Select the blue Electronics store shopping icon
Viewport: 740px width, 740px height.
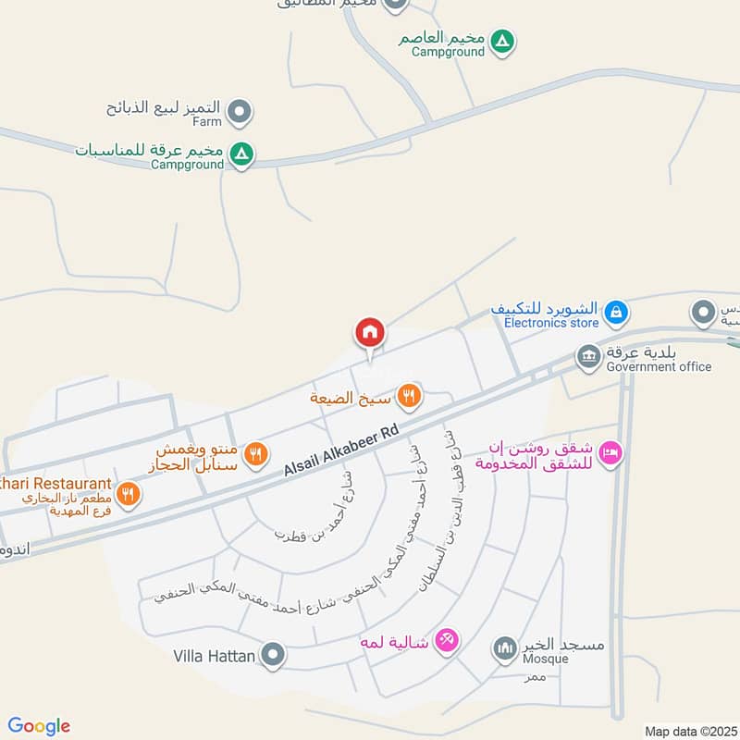(x=615, y=314)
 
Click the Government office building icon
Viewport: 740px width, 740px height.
(x=587, y=355)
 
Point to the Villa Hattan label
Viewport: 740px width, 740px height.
(x=214, y=657)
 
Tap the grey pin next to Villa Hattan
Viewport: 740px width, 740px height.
(x=273, y=657)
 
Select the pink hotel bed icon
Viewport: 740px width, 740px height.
(x=610, y=453)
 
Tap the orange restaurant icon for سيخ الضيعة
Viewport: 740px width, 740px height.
(x=408, y=398)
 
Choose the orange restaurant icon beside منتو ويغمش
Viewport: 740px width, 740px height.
(x=258, y=454)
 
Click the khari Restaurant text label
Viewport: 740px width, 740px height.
(x=55, y=484)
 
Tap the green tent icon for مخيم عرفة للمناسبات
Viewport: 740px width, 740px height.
(x=240, y=154)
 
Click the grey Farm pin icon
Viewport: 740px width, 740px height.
(x=240, y=113)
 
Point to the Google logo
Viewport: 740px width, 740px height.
(x=39, y=726)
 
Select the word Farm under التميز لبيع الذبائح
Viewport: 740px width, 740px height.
(x=207, y=121)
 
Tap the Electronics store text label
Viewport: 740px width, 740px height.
(x=551, y=323)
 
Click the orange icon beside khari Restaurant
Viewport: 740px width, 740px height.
(x=129, y=493)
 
